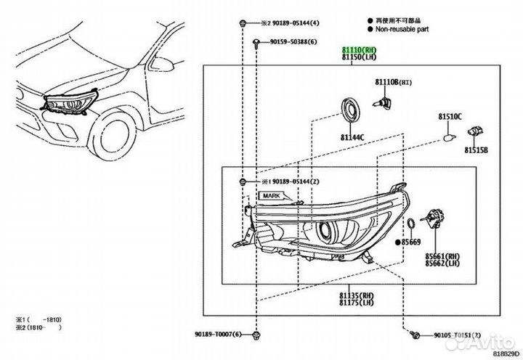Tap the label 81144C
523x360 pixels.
pyautogui.click(x=353, y=136)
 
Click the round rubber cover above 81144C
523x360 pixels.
pyautogui.click(x=351, y=110)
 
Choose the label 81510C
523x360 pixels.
pyautogui.click(x=450, y=116)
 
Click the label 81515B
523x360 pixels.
pyautogui.click(x=477, y=150)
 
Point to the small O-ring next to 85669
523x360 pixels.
pyautogui.click(x=412, y=222)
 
